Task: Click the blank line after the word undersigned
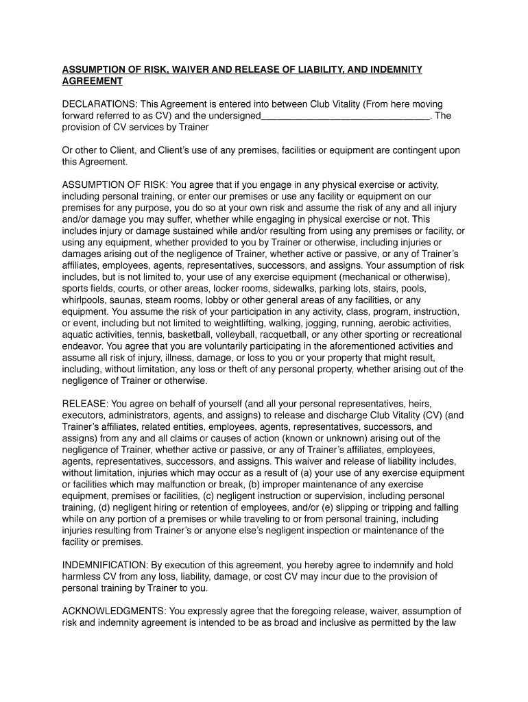(x=346, y=116)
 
